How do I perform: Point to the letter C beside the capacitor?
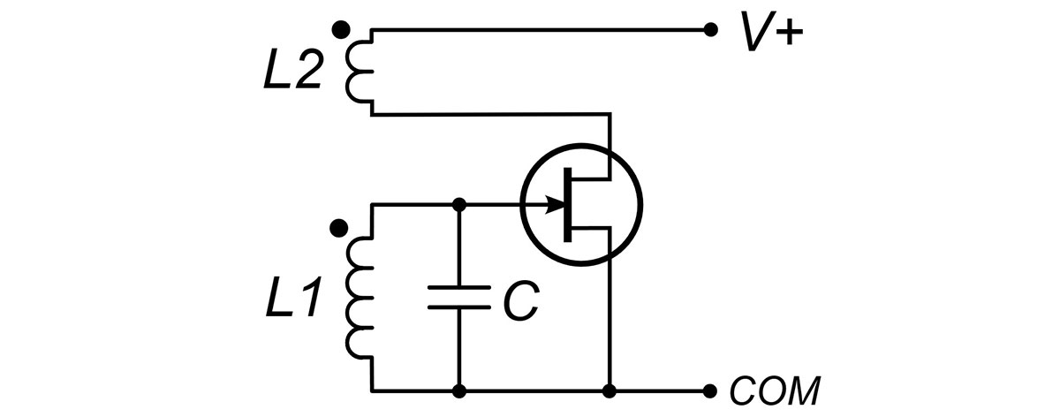[519, 301]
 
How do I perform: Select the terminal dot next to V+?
[709, 30]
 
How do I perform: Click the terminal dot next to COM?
[709, 390]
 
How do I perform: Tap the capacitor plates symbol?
[458, 297]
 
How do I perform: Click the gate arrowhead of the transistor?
[556, 206]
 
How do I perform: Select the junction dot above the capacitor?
[458, 206]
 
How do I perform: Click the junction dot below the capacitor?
[458, 390]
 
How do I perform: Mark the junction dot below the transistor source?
[609, 390]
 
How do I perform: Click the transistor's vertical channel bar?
[568, 205]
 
